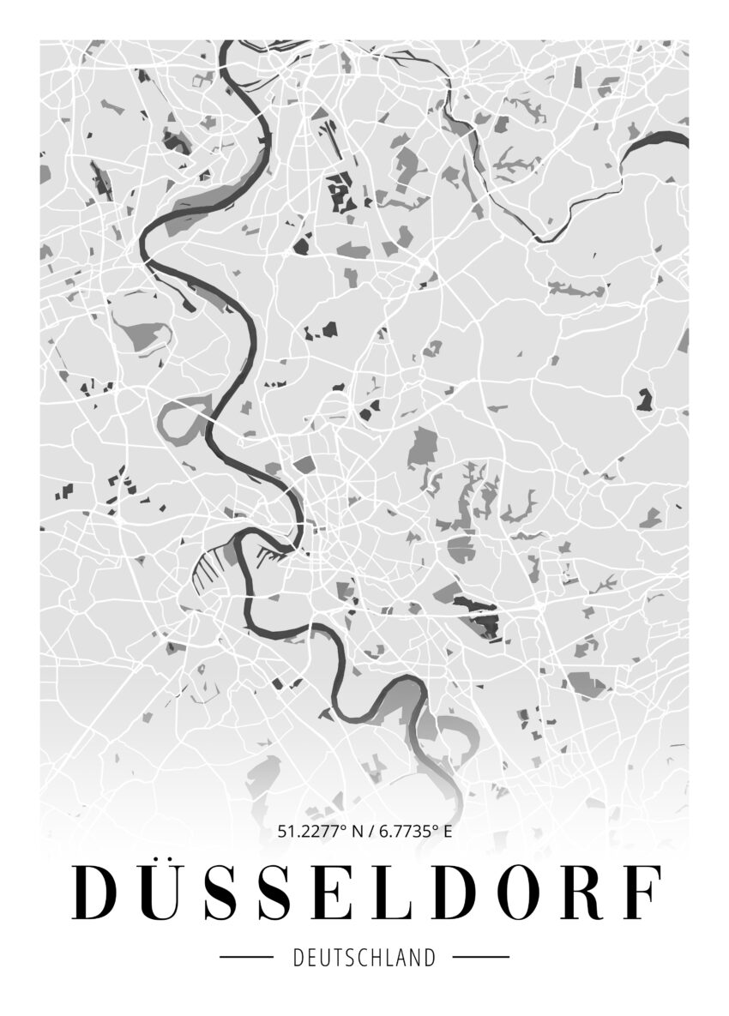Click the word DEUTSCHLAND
(x=364, y=957)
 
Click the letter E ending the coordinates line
(x=449, y=830)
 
